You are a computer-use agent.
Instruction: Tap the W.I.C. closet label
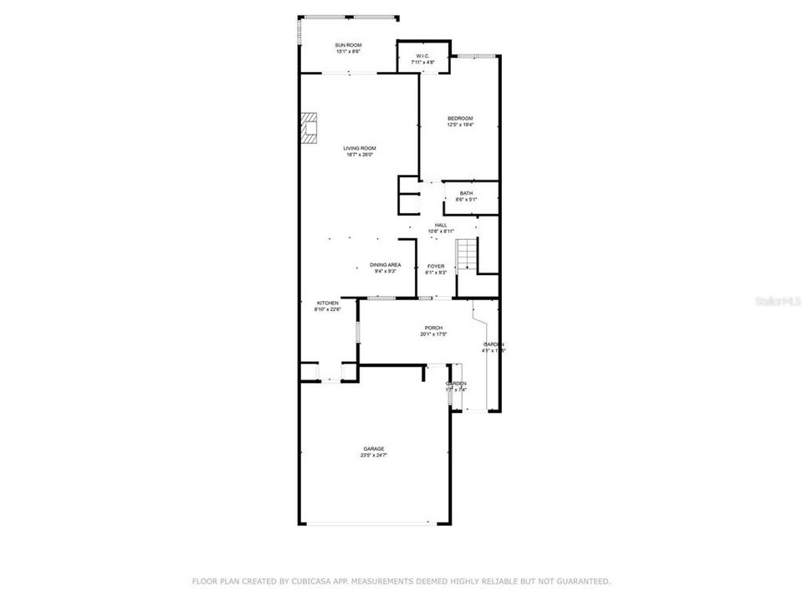click(422, 56)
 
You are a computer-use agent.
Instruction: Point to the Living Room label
click(360, 148)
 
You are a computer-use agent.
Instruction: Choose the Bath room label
click(466, 193)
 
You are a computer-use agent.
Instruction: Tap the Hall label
click(441, 225)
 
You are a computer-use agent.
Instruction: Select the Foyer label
click(436, 266)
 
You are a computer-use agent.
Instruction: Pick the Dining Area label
click(385, 264)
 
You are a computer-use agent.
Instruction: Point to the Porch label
click(433, 328)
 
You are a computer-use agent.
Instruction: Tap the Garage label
click(373, 449)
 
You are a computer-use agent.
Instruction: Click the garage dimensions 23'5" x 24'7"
click(373, 456)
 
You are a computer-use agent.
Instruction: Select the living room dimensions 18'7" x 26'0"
click(360, 155)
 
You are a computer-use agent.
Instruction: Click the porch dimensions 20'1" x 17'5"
click(433, 334)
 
